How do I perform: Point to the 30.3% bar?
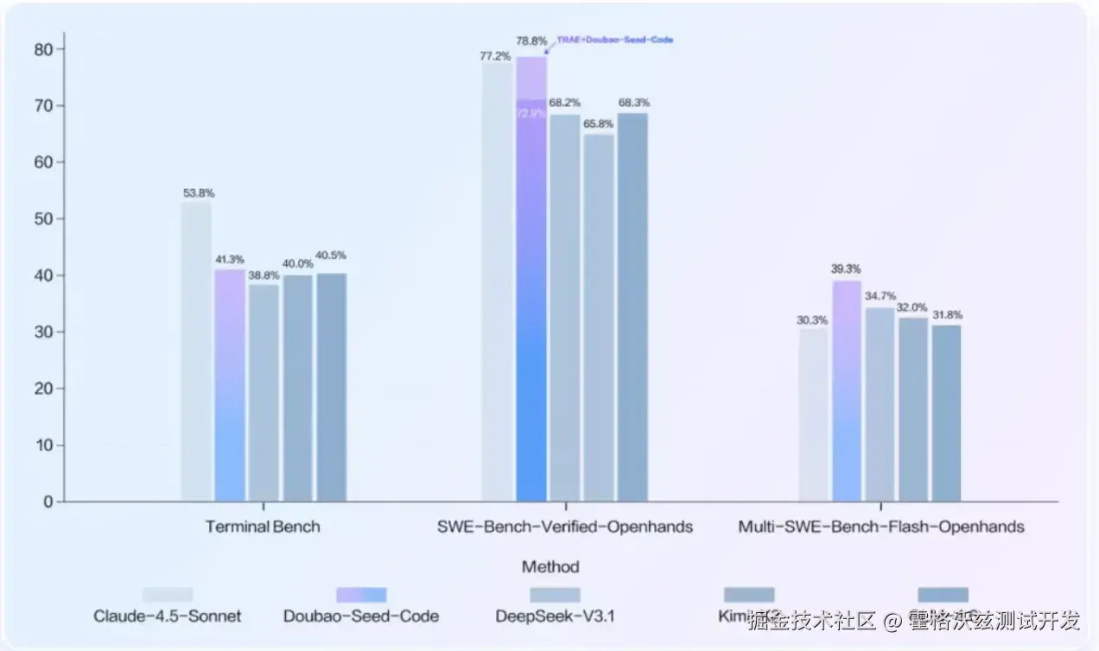(813, 415)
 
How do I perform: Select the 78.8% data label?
(530, 41)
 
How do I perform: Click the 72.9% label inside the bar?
(530, 113)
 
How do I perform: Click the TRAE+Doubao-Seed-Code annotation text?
(614, 40)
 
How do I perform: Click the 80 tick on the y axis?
(43, 49)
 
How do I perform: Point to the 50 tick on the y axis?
(43, 219)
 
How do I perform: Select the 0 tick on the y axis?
(48, 502)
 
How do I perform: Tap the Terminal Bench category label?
(263, 527)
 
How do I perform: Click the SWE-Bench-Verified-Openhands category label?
(565, 527)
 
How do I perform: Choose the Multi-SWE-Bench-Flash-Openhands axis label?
(880, 527)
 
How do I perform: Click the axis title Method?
(550, 567)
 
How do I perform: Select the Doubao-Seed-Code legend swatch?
(361, 595)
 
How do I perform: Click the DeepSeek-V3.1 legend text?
(555, 616)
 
